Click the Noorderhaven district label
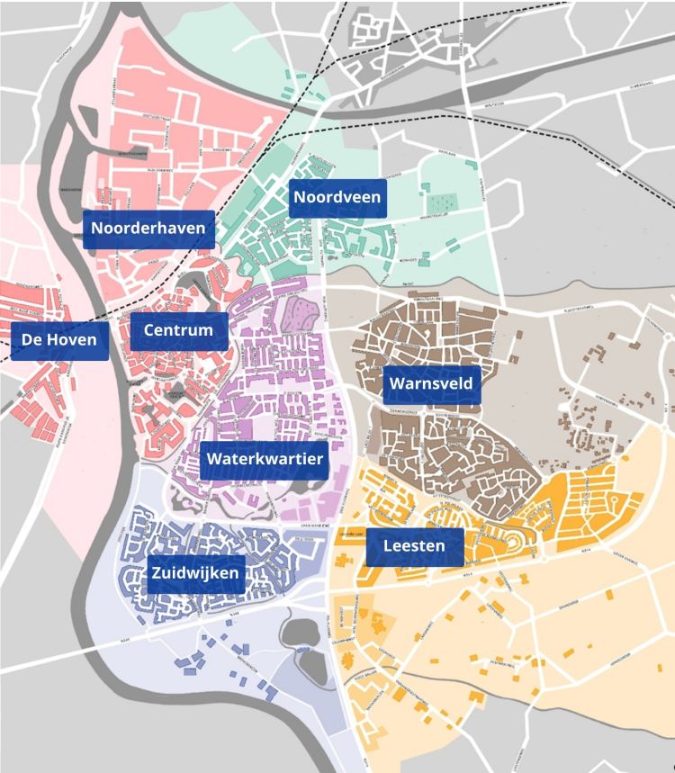coord(148,229)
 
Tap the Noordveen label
coord(337,198)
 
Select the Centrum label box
coord(178,330)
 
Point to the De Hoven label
coord(59,340)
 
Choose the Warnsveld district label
coord(430,384)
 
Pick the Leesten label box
coord(415,546)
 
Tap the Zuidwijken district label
coord(195,573)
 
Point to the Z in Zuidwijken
coord(157,573)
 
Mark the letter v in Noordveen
coord(344,198)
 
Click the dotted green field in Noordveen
coord(441,204)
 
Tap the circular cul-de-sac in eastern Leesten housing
coord(616,498)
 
